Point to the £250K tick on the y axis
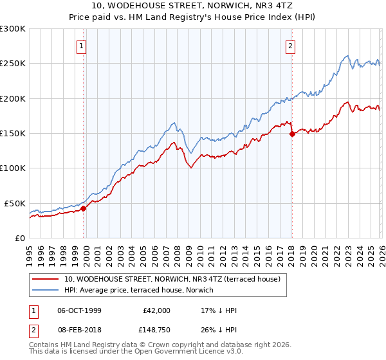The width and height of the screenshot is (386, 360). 13,64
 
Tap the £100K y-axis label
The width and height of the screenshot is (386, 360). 13,168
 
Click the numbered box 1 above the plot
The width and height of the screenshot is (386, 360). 82,46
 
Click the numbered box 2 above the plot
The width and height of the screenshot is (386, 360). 291,46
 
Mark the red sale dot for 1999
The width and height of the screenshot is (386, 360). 83,208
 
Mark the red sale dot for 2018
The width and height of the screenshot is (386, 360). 292,134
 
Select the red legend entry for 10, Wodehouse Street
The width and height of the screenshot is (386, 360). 172,280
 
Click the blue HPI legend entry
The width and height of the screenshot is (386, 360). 142,291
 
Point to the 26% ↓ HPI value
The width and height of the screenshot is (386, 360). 219,330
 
